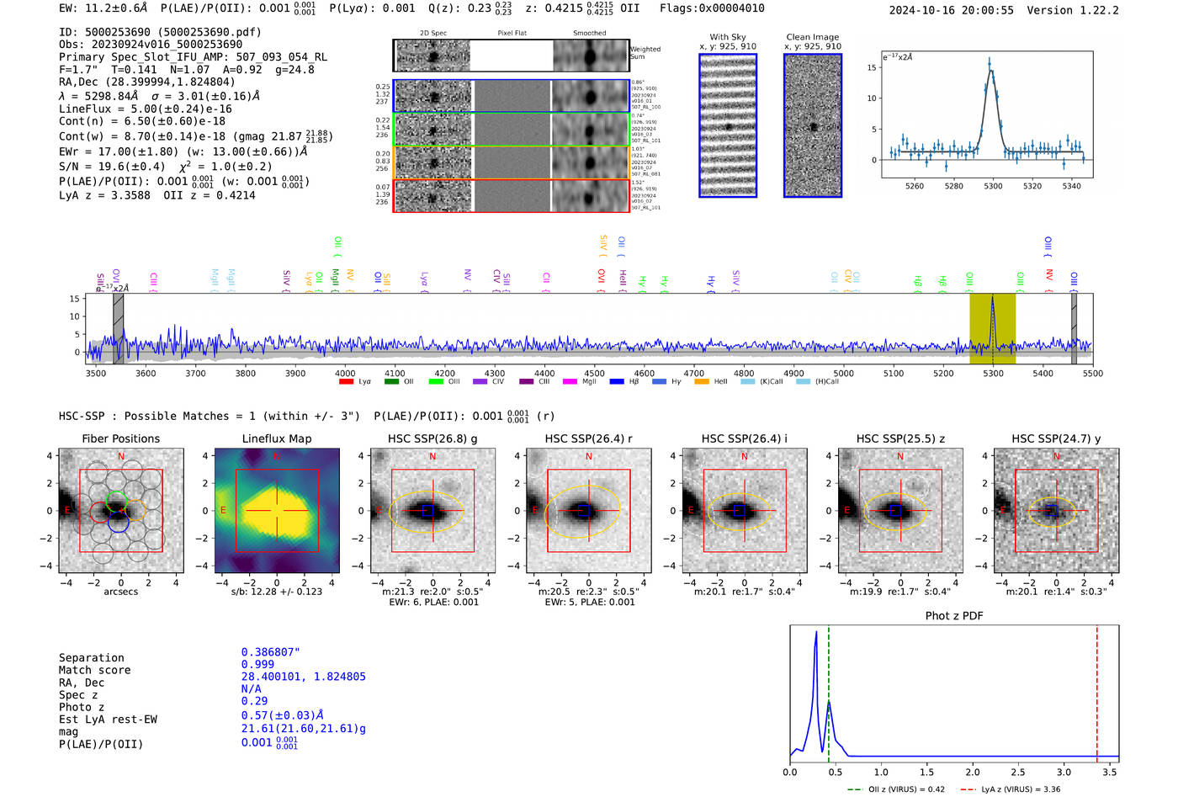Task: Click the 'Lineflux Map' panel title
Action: [276, 438]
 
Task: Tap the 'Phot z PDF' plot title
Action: [954, 616]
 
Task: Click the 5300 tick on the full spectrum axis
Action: [993, 374]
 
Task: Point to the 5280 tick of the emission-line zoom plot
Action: [953, 186]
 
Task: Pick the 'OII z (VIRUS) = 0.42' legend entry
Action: [897, 789]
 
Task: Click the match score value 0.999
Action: [257, 665]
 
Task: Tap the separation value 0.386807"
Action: [270, 652]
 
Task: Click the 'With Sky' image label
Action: [728, 37]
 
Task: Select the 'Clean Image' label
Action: [812, 37]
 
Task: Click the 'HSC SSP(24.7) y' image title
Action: [1056, 438]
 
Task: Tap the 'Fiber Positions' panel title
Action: [120, 438]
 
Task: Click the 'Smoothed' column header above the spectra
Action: [589, 34]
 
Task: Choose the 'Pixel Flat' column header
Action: [512, 34]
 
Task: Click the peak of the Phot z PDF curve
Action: [816, 632]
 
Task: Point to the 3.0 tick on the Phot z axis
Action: [1064, 772]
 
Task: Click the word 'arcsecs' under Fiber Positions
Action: [120, 592]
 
